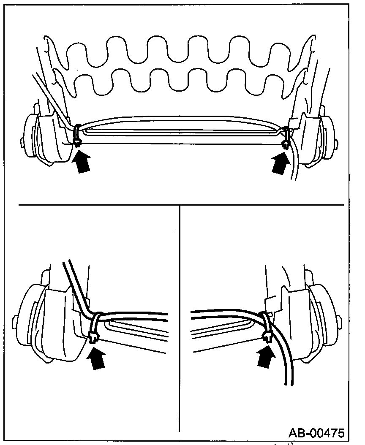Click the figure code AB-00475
[x=316, y=433]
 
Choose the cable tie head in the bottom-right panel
[x=267, y=336]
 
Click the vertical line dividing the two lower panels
[x=180, y=317]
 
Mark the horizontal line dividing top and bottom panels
[x=182, y=205]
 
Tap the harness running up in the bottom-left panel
[x=74, y=283]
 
